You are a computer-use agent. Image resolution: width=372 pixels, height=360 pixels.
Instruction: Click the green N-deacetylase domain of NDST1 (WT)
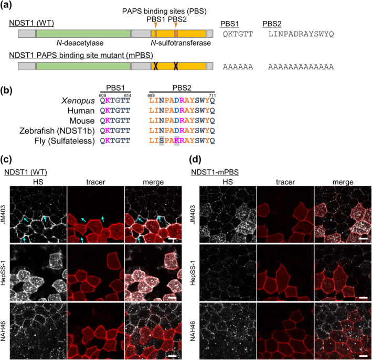tap(83, 34)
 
